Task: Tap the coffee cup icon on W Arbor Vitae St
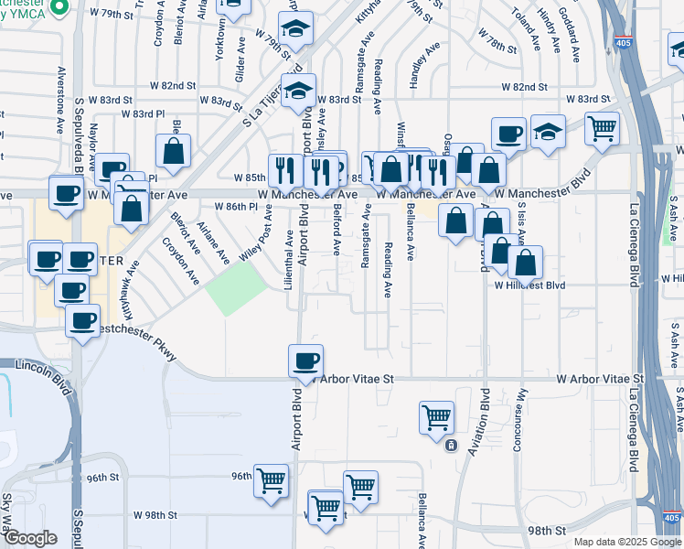305,361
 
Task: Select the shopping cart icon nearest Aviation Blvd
436,417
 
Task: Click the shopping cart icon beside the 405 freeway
602,128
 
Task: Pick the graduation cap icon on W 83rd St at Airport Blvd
298,91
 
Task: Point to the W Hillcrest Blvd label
530,285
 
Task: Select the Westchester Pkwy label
137,338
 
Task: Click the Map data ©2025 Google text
626,542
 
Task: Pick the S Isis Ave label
521,221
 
